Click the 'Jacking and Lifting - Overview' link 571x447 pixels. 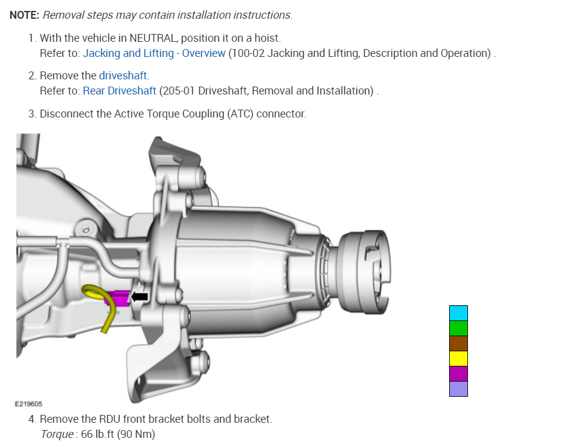click(154, 53)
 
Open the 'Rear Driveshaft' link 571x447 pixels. click(119, 91)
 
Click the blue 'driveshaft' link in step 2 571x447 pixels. click(123, 76)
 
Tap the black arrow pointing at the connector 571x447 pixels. click(140, 296)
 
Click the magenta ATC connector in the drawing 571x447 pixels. click(118, 298)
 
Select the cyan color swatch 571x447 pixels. click(458, 313)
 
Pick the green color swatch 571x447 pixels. click(458, 328)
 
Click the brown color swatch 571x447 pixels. click(458, 343)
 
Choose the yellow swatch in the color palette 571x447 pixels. click(458, 359)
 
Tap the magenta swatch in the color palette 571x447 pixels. click(458, 374)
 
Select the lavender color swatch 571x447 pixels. click(458, 389)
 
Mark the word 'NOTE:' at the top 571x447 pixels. click(24, 15)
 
